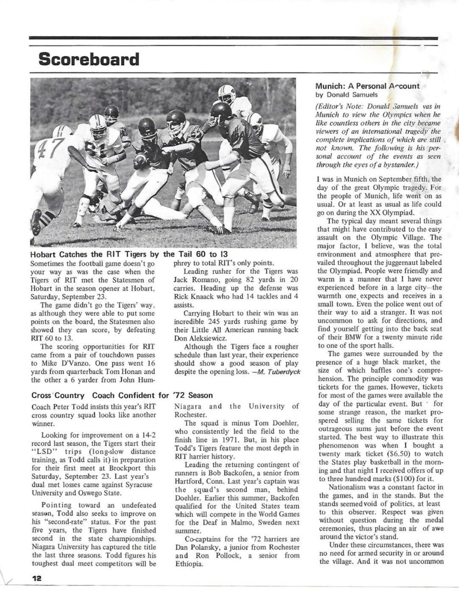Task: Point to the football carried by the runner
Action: pyautogui.click(x=140, y=159)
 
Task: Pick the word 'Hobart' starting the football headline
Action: pyautogui.click(x=44, y=253)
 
